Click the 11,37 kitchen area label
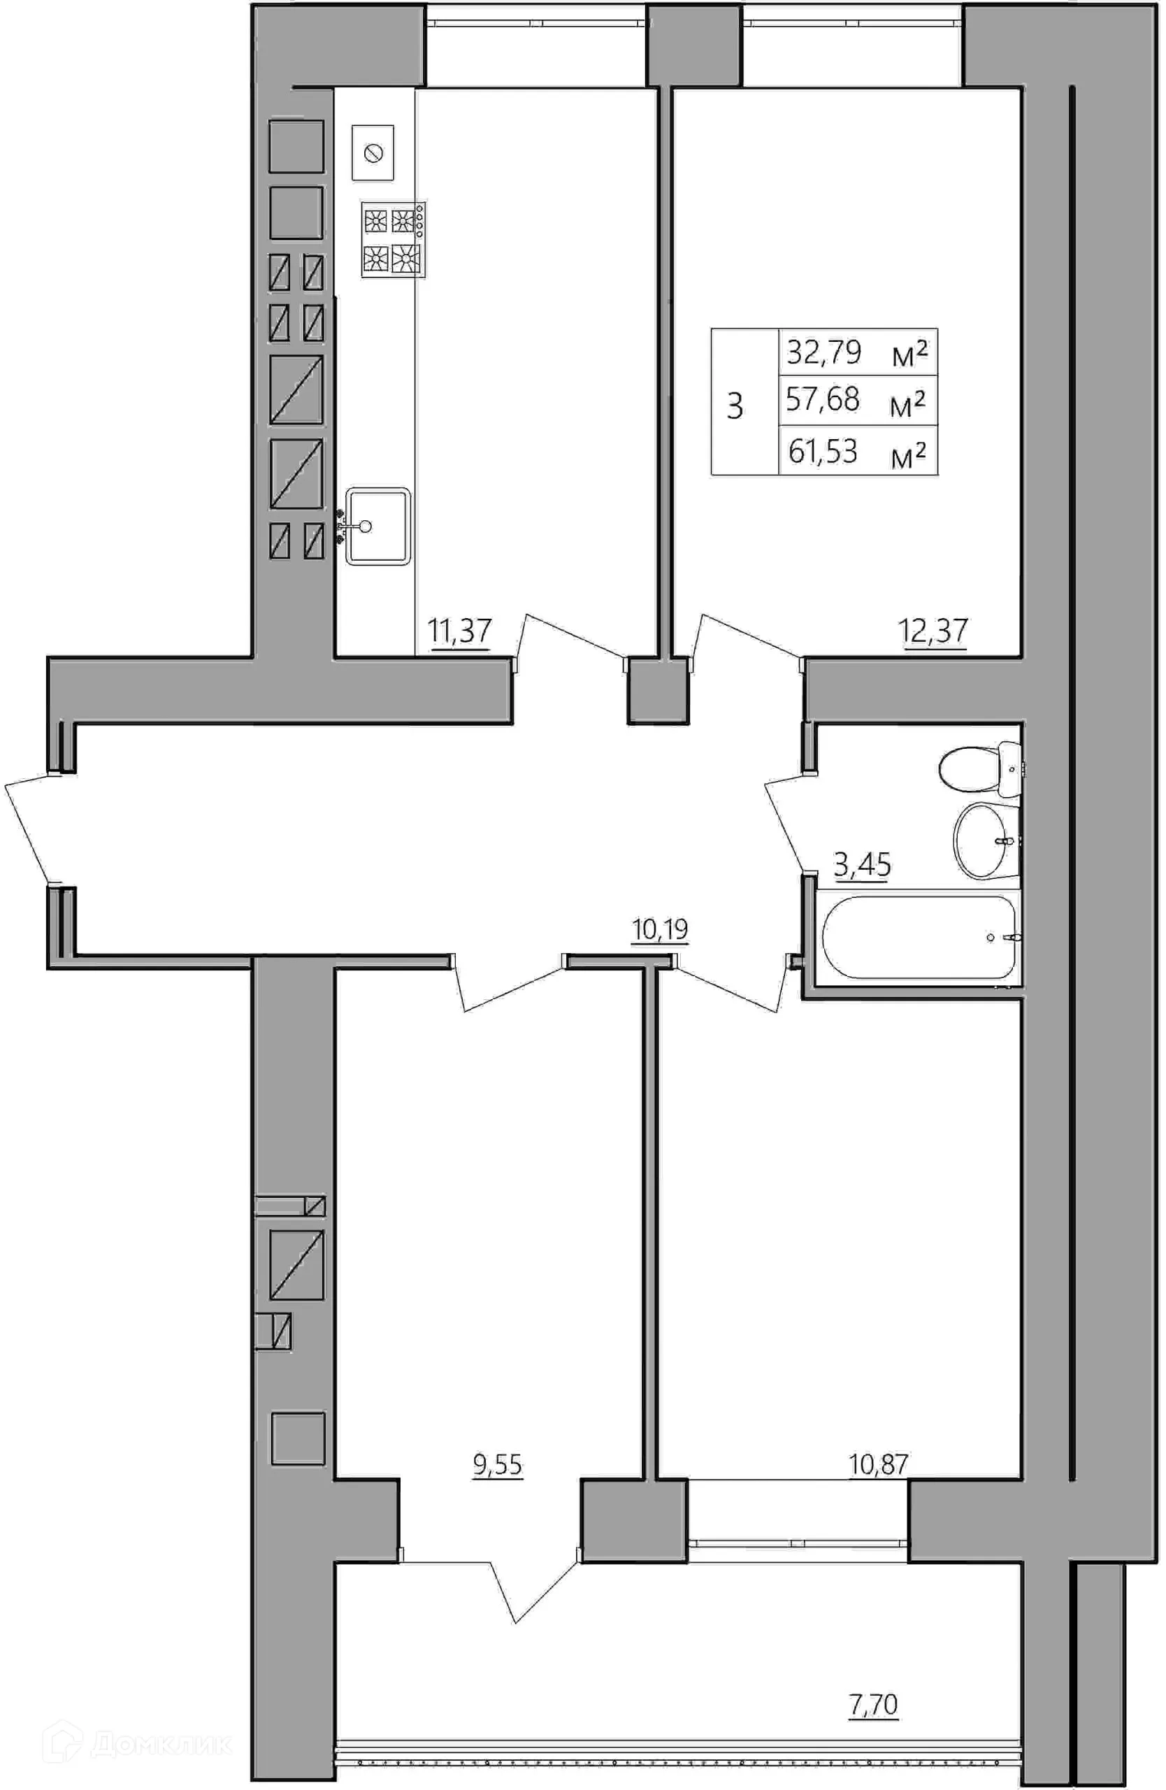click(x=459, y=630)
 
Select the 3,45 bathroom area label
click(x=863, y=865)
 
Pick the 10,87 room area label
click(x=879, y=1463)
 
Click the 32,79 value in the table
click(x=823, y=352)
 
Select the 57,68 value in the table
click(x=823, y=399)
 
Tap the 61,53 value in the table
click(x=823, y=451)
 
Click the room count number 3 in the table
click(x=735, y=406)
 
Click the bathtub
click(x=919, y=937)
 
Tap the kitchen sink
click(x=378, y=526)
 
